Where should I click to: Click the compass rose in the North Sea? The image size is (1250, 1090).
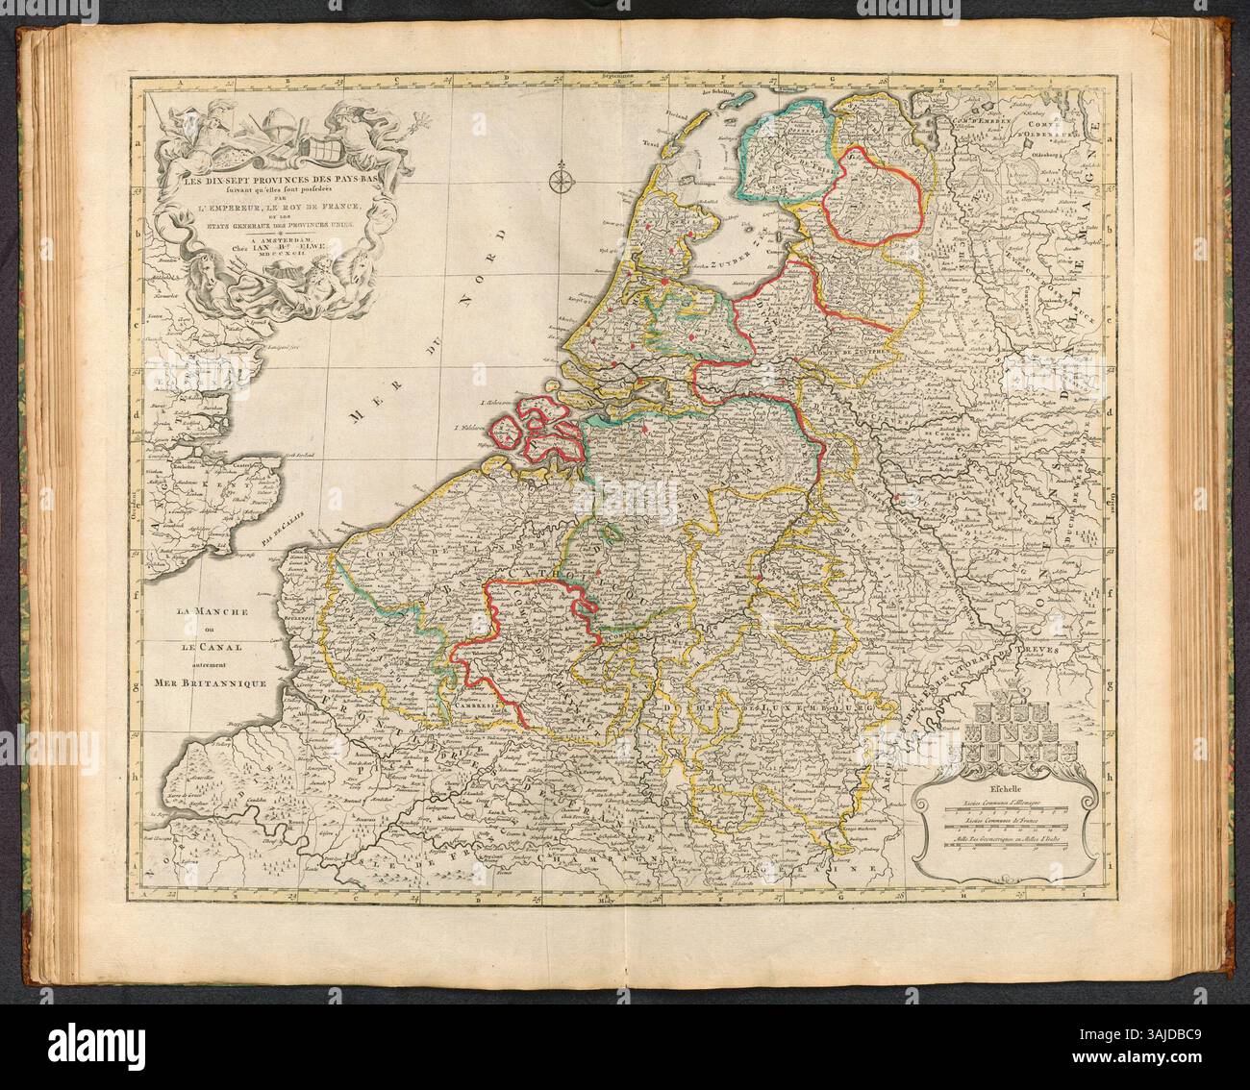(560, 178)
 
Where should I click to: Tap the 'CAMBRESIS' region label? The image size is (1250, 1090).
(477, 701)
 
